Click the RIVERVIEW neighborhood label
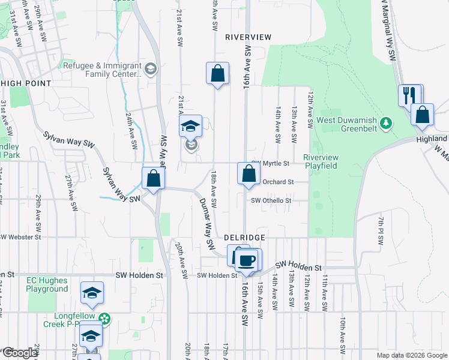coord(248,37)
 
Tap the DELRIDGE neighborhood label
coord(245,238)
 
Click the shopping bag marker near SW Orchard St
coord(249,174)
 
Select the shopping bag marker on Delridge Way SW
coord(153,178)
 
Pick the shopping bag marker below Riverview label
coord(217,74)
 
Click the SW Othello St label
coord(271,201)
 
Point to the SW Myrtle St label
coord(271,163)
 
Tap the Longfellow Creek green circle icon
coord(105,319)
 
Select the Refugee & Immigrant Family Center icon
coord(150,69)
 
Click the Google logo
coord(20,353)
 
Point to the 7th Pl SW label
coord(381,231)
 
